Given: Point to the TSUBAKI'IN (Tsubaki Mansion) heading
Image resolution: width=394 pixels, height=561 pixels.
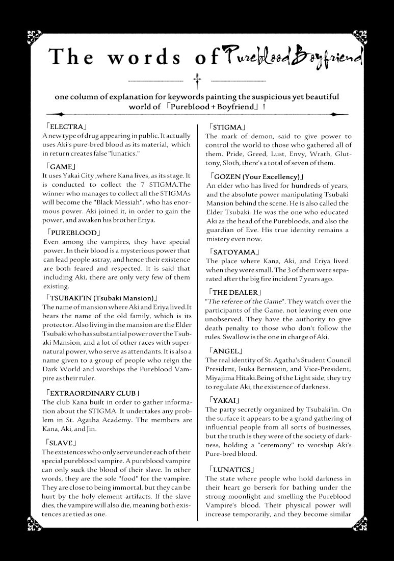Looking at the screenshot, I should tap(101, 297).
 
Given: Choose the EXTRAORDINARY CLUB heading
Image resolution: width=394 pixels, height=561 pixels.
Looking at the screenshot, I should tap(92, 393).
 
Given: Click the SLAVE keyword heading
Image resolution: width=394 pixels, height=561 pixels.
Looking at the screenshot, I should tap(61, 442).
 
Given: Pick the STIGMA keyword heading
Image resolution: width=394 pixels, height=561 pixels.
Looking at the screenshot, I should tap(228, 127).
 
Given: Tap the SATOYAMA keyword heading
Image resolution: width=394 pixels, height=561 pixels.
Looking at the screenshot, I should tap(234, 252).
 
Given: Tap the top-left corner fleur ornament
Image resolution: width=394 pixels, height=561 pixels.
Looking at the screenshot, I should tap(35, 36).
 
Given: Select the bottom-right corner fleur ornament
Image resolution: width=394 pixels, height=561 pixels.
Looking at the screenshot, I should tap(358, 523).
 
